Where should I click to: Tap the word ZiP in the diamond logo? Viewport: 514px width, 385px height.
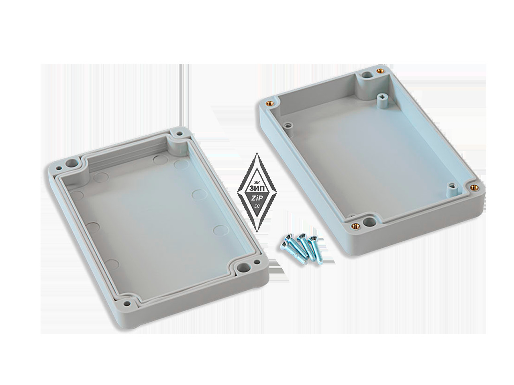257,199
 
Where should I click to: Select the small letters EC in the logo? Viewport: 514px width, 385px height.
257,206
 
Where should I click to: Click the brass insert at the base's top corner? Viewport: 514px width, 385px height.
379,70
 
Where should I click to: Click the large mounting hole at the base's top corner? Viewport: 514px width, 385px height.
365,75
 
